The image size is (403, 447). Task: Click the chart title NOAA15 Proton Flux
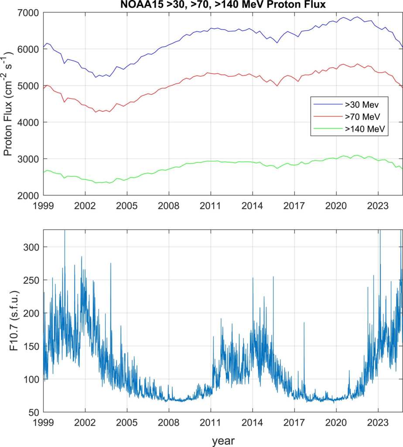[223, 5]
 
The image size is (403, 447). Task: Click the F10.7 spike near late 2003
[111, 264]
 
